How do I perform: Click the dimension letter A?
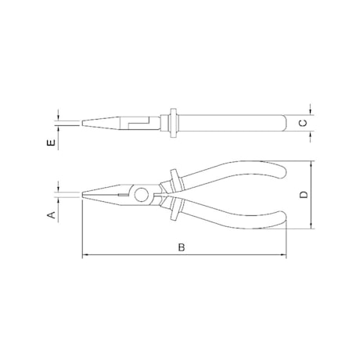click(52, 215)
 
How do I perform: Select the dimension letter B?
click(182, 247)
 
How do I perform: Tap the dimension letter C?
click(303, 123)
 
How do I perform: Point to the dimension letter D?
click(304, 195)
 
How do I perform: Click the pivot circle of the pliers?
click(142, 195)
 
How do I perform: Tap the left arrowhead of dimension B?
click(85, 255)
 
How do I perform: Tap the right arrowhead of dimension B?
click(284, 255)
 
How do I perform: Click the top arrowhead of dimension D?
click(311, 164)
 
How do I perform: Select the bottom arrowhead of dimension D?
click(311, 226)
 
